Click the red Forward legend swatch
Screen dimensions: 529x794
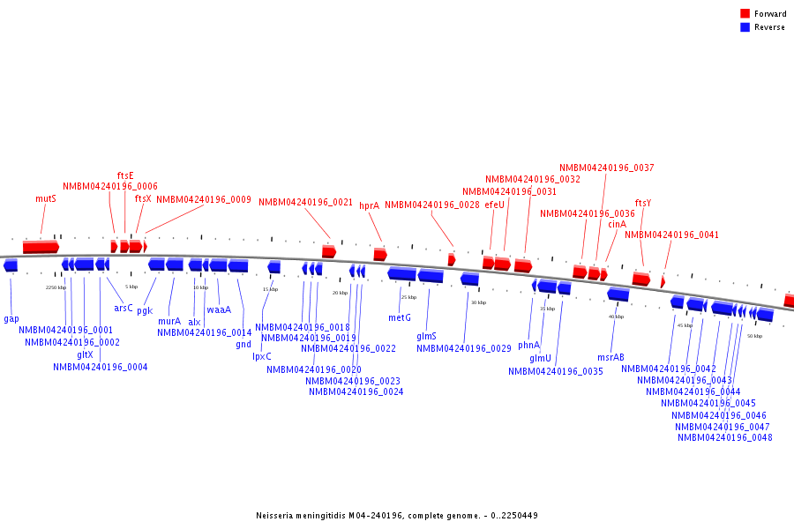745,13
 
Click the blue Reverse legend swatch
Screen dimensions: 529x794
745,26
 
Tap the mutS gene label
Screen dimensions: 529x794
46,199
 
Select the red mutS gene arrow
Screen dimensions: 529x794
41,247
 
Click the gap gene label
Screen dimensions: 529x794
11,318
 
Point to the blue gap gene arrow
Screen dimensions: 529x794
11,265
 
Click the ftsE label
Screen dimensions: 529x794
125,175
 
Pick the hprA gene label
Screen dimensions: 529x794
369,205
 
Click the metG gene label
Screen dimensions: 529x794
400,317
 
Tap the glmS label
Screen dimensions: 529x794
426,336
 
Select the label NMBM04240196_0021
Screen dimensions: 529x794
305,202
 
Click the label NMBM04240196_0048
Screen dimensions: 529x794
725,437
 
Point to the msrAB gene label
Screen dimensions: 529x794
610,357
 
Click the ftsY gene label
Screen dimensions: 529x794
643,203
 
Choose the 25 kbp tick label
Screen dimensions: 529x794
408,297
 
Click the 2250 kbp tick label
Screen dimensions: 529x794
56,287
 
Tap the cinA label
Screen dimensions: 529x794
617,224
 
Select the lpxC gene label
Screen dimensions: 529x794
262,356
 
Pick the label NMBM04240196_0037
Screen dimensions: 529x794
607,168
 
